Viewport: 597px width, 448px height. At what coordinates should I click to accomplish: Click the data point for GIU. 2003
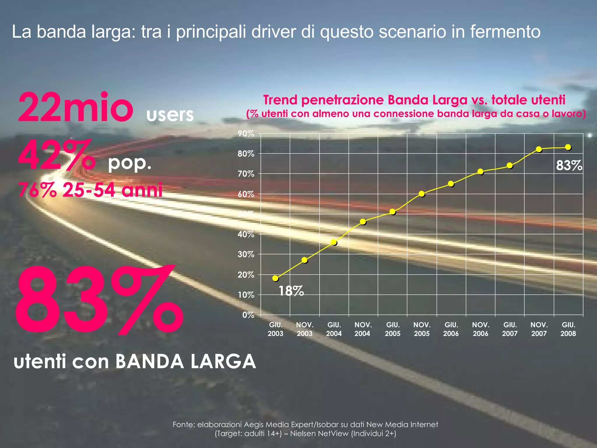(x=275, y=278)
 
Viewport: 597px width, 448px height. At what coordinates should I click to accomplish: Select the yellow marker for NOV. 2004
(x=363, y=222)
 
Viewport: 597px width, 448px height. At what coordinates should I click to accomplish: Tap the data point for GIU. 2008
(x=568, y=147)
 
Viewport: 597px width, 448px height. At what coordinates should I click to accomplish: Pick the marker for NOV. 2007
(x=539, y=149)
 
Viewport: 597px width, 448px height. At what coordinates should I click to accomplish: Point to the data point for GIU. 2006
(x=451, y=184)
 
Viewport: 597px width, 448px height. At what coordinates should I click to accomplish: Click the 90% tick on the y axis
(x=246, y=134)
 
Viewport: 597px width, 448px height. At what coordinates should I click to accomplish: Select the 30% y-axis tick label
(x=246, y=255)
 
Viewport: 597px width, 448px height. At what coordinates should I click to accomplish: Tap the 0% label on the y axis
(x=248, y=315)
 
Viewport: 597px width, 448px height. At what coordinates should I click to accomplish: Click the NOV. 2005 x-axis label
(x=422, y=329)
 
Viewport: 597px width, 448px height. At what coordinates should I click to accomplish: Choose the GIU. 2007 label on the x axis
(x=510, y=329)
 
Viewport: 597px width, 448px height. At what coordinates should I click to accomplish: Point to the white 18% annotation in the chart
(x=291, y=291)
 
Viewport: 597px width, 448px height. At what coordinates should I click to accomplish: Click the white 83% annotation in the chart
(x=569, y=166)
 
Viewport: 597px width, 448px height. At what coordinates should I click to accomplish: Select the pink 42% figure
(x=57, y=155)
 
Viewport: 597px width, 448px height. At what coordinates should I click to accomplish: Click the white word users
(x=170, y=115)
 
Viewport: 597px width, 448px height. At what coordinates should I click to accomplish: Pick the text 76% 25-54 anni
(x=90, y=190)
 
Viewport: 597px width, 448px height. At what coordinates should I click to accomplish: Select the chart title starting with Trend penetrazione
(x=414, y=100)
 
